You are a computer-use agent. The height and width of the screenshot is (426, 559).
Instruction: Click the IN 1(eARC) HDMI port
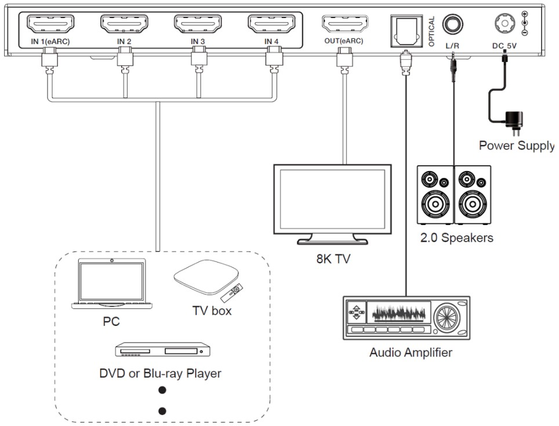pyautogui.click(x=51, y=25)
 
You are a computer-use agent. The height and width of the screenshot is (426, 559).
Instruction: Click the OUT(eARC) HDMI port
pyautogui.click(x=343, y=25)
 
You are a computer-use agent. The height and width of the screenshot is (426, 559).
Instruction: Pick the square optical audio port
pyautogui.click(x=406, y=27)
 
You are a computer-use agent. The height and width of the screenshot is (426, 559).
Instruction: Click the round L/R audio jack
pyautogui.click(x=452, y=25)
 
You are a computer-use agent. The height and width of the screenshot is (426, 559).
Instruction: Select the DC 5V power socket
pyautogui.click(x=504, y=24)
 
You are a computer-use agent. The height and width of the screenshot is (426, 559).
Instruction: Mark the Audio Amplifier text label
pyautogui.click(x=411, y=352)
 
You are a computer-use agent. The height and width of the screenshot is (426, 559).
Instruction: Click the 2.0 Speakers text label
pyautogui.click(x=456, y=238)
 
